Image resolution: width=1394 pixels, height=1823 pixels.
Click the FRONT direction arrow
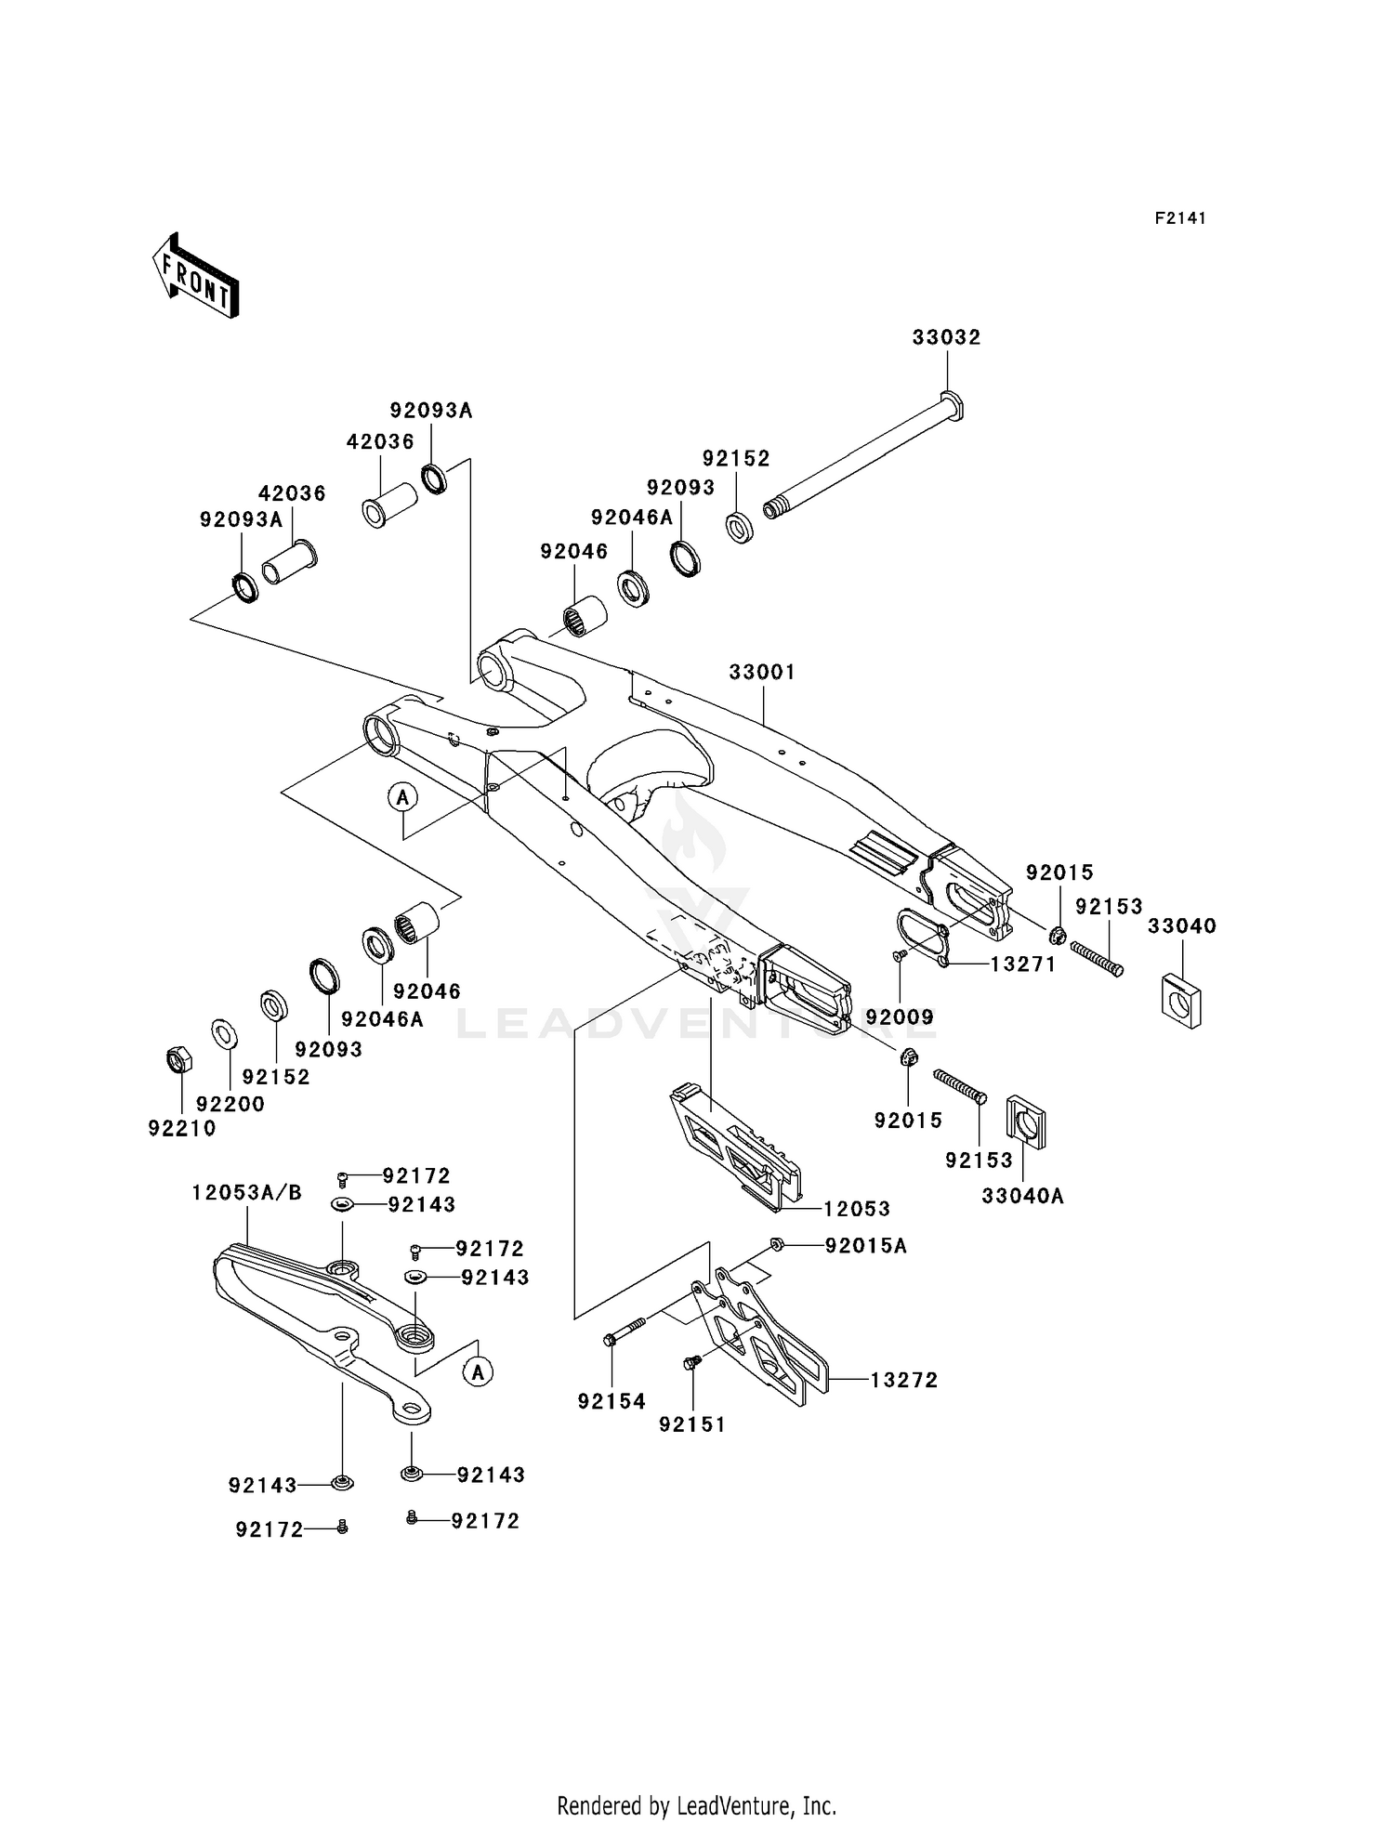pyautogui.click(x=196, y=276)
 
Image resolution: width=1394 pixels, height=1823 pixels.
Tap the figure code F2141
pyautogui.click(x=1179, y=218)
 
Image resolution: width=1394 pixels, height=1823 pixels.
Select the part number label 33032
pyautogui.click(x=946, y=337)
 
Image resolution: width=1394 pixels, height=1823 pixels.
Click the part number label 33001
pyautogui.click(x=762, y=672)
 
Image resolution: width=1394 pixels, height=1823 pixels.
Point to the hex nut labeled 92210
pyautogui.click(x=178, y=1059)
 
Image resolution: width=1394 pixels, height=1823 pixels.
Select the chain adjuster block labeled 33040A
pyautogui.click(x=1026, y=1127)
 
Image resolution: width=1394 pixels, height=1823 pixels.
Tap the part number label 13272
pyautogui.click(x=903, y=1381)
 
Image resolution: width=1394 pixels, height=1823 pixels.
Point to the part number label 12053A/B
pyautogui.click(x=246, y=1193)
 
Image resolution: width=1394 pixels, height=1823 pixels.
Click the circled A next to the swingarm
pyautogui.click(x=402, y=796)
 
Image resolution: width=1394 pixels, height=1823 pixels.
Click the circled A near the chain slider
pyautogui.click(x=478, y=1371)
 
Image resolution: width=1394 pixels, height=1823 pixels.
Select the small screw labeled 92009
pyautogui.click(x=900, y=954)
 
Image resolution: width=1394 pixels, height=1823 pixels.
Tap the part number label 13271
pyautogui.click(x=1022, y=964)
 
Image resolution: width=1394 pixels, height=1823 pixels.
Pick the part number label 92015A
pyautogui.click(x=865, y=1246)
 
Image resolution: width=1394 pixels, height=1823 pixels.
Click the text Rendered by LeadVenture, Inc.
pyautogui.click(x=696, y=1805)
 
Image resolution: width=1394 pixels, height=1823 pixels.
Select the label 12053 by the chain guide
pyautogui.click(x=856, y=1209)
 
